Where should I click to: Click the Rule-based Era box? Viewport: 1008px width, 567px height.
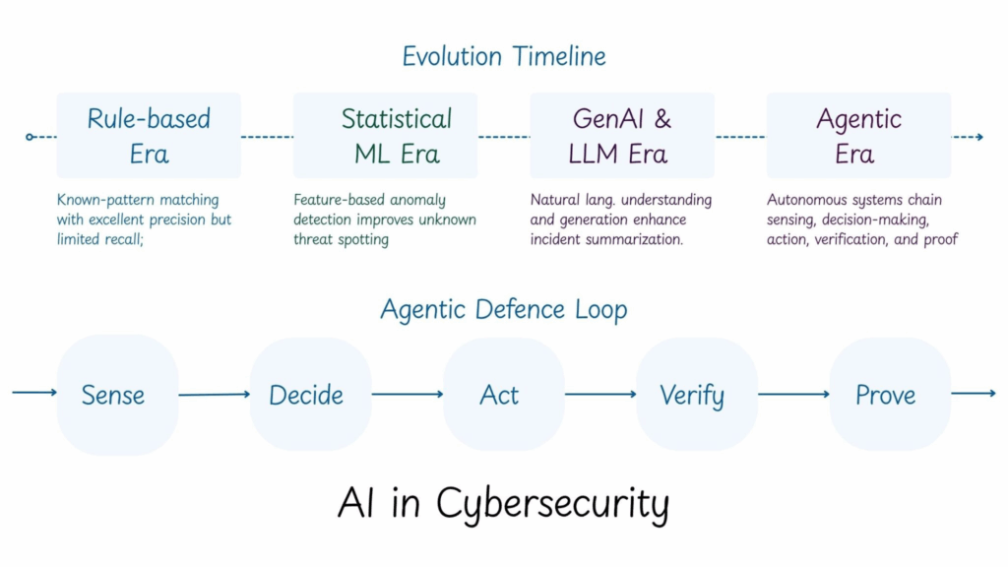149,136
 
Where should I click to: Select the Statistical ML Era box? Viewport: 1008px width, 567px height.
385,136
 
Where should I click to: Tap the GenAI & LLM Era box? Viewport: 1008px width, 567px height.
622,136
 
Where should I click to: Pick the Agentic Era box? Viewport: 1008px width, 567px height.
858,136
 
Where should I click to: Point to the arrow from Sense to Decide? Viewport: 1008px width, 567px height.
214,395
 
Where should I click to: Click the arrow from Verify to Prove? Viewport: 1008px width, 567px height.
793,395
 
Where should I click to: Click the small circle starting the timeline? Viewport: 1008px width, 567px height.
31,137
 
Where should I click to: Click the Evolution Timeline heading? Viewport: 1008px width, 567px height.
503,56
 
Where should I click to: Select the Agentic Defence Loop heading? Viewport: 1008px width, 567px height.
503,310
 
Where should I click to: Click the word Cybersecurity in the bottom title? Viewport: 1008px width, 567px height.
552,504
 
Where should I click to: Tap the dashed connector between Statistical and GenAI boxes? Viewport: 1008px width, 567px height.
504,137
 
